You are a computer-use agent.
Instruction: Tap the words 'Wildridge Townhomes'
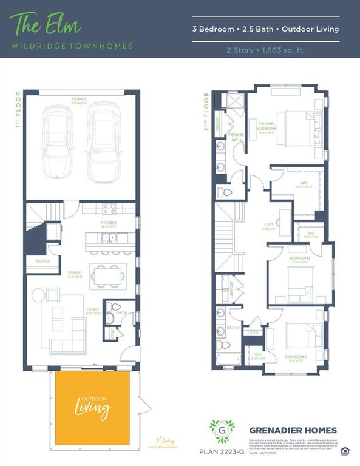tap(72, 46)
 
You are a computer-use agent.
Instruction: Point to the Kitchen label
tap(109, 223)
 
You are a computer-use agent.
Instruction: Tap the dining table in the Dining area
tap(109, 275)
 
